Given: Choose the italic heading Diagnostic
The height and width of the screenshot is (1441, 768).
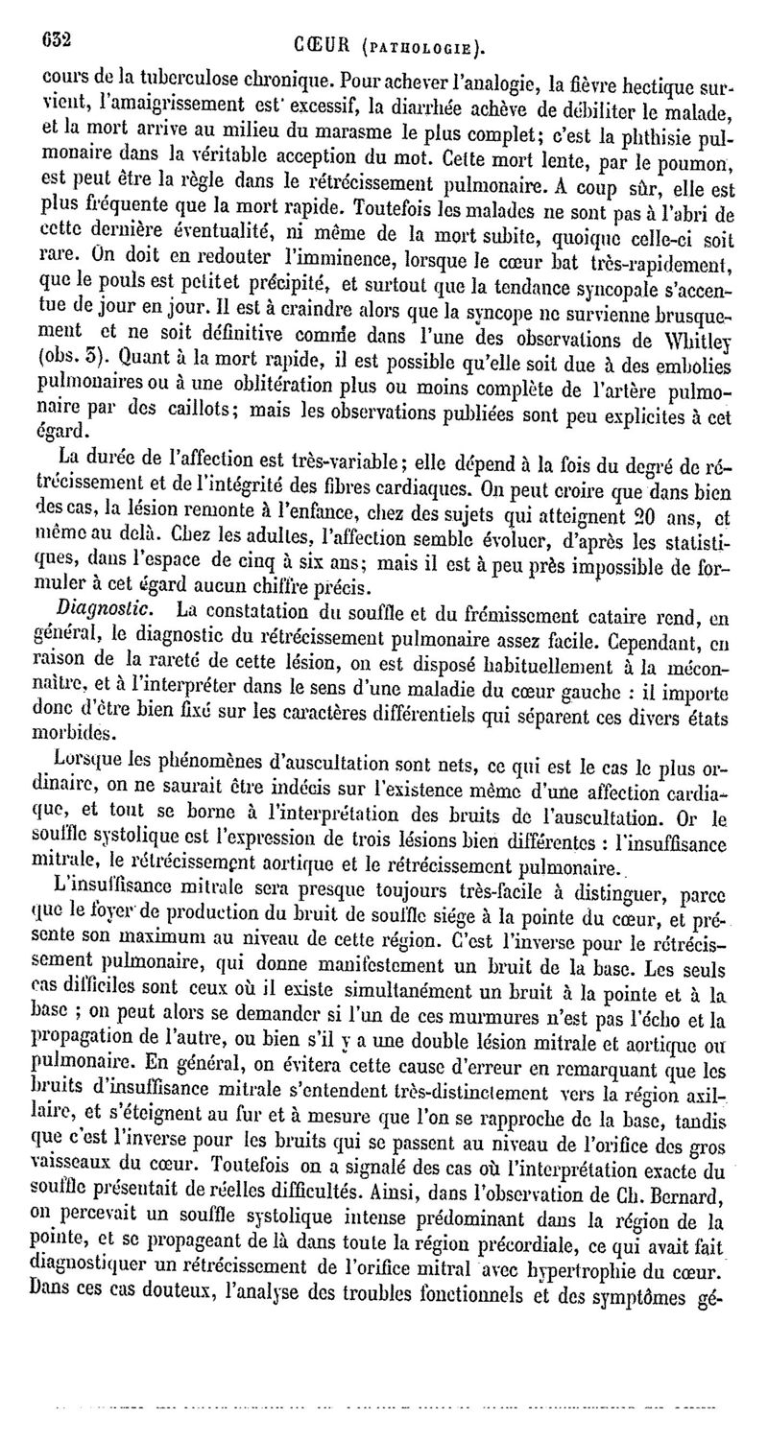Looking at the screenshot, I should pos(94,610).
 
